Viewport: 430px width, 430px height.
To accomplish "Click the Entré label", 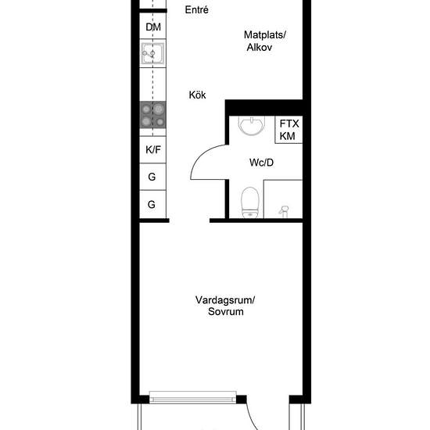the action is pyautogui.click(x=196, y=10).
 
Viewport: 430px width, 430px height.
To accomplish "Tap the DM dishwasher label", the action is pyautogui.click(x=153, y=27).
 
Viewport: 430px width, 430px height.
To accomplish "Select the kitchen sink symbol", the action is pyautogui.click(x=152, y=53).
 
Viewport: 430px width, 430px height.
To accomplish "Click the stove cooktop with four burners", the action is pyautogui.click(x=152, y=115).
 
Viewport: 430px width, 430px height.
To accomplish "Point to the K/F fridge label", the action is pyautogui.click(x=153, y=150).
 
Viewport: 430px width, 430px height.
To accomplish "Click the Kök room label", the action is pyautogui.click(x=197, y=95).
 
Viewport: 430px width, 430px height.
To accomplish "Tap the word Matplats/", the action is pyautogui.click(x=265, y=35).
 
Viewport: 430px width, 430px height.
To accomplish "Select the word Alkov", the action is pyautogui.click(x=260, y=47).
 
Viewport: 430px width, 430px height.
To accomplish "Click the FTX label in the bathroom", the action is pyautogui.click(x=289, y=124).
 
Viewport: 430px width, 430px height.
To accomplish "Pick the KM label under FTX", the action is pyautogui.click(x=287, y=136).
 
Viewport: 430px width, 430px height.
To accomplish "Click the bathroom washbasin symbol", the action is pyautogui.click(x=252, y=126).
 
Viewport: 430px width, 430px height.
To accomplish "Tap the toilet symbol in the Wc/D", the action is pyautogui.click(x=250, y=202).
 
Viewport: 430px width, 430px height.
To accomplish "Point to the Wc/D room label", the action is pyautogui.click(x=261, y=163).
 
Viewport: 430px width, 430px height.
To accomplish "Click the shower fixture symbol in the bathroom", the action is pyautogui.click(x=284, y=210).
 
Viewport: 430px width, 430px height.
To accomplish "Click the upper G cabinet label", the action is pyautogui.click(x=152, y=177).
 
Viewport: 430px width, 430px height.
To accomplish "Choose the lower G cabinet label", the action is pyautogui.click(x=152, y=204).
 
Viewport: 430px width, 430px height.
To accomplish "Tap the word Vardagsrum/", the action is pyautogui.click(x=225, y=299).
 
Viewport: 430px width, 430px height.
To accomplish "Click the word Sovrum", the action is pyautogui.click(x=226, y=311).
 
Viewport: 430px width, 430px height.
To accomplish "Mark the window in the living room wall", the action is pyautogui.click(x=193, y=397).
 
